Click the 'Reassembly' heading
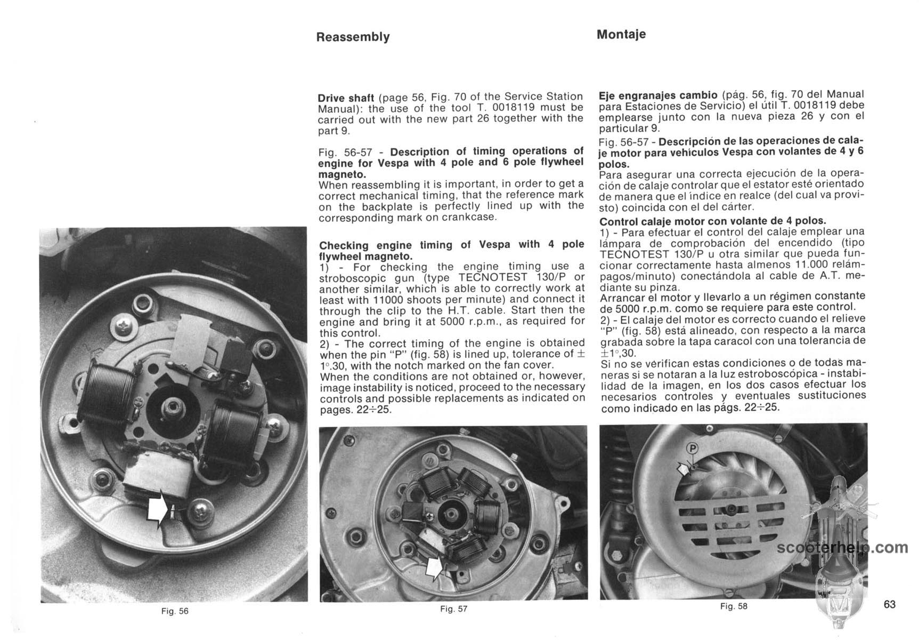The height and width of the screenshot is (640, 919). pyautogui.click(x=353, y=37)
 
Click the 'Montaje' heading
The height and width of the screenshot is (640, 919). pyautogui.click(x=621, y=34)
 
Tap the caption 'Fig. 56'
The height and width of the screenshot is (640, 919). pyautogui.click(x=175, y=611)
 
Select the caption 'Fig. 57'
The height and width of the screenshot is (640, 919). pyautogui.click(x=454, y=609)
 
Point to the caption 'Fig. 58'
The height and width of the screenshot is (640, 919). pyautogui.click(x=734, y=606)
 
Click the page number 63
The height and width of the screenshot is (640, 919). pyautogui.click(x=889, y=604)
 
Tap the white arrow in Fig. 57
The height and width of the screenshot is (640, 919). pyautogui.click(x=435, y=566)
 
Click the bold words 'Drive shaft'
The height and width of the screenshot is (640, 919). pyautogui.click(x=346, y=98)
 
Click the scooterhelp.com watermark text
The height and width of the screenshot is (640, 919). pyautogui.click(x=842, y=548)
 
